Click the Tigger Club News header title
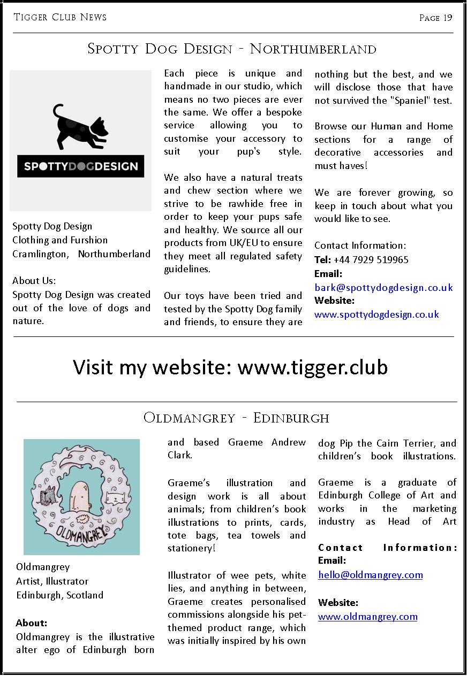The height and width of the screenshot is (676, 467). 60,17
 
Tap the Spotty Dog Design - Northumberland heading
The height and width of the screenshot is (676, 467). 232,49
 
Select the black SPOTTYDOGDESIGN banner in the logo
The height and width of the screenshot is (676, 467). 80,166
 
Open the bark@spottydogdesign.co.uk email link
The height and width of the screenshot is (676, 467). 383,287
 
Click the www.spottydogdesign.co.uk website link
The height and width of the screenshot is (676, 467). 376,314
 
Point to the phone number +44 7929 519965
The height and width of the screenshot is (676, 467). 371,259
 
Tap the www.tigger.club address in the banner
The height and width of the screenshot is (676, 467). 312,367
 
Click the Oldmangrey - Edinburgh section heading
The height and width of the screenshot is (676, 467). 236,418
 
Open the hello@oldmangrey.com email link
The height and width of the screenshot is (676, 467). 370,575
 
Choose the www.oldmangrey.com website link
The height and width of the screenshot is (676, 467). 367,616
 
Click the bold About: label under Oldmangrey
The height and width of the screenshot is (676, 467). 32,623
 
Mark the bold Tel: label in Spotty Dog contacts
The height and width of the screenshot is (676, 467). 322,259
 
